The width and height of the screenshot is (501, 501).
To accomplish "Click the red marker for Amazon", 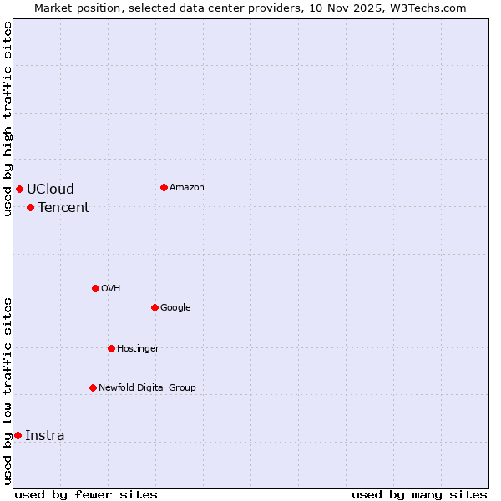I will pos(164,187).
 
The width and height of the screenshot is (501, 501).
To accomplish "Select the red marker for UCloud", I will pos(19,189).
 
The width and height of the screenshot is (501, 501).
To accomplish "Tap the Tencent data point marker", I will pos(30,207).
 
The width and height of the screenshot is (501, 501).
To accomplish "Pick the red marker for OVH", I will pos(95,288).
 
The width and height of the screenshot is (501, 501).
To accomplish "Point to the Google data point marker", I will pos(154,307).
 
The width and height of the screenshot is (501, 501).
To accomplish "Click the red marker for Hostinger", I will pos(111,348).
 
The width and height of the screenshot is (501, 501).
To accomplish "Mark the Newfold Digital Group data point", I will pos(93,387).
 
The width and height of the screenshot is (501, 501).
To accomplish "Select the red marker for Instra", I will pos(18,435).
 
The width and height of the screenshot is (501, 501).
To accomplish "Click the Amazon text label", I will pos(187,187).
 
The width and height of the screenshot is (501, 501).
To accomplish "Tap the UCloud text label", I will pos(50,189).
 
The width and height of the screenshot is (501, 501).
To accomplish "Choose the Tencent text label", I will pos(63,207).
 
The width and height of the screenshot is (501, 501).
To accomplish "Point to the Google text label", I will pos(175,307).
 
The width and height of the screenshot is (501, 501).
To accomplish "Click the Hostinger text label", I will pos(138,348).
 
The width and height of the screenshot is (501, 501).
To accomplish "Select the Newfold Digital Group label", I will pos(147,387).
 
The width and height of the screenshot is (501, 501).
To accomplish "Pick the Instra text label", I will pos(45,435).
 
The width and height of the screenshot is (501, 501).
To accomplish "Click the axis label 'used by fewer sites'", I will pos(86,494).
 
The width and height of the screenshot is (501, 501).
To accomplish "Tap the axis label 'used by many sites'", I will pos(419,494).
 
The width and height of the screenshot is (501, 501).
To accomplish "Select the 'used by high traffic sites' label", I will pos(8,119).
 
